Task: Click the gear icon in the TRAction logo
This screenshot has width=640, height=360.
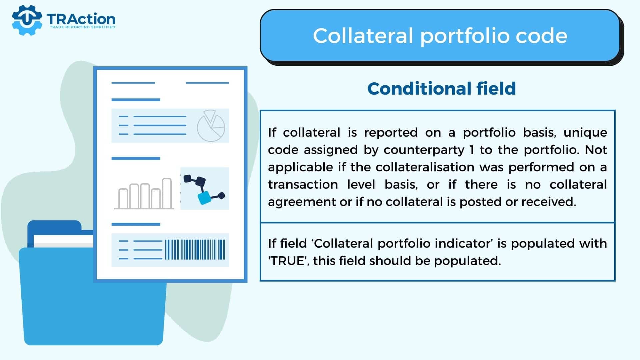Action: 27,20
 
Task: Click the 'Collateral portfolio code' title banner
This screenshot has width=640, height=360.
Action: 440,36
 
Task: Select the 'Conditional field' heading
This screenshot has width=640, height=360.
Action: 441,89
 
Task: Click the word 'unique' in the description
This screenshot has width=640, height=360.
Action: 585,133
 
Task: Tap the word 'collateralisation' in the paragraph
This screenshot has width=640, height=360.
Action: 425,167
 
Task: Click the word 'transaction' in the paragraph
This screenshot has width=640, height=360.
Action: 303,184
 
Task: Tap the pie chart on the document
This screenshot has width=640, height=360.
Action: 211,126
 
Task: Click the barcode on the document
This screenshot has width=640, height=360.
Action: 195,249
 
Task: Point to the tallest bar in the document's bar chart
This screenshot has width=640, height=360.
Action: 167,193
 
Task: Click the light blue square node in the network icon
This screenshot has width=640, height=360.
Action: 204,198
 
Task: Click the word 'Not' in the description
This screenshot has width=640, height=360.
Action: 596,150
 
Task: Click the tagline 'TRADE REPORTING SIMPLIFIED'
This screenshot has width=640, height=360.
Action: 82,27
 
